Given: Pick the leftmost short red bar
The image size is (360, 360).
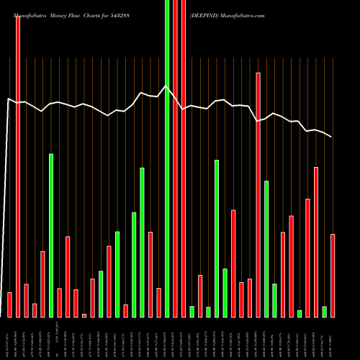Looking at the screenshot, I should point(9,305).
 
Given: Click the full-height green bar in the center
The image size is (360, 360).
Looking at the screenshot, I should point(168,158).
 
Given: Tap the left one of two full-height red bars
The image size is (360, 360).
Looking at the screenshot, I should point(176,158).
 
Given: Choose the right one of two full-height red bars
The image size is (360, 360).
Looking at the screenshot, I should point(184,158).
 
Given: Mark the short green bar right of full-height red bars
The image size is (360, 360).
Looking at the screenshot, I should point(192,311).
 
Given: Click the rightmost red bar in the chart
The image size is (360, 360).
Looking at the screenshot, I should point(333,275).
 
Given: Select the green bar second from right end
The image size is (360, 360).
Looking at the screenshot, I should point(324,311).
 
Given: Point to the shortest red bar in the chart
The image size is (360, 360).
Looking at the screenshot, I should point(84,315).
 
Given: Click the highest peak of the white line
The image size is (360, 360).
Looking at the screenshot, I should point(166,86).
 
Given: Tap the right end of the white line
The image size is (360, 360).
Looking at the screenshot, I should point(332,137).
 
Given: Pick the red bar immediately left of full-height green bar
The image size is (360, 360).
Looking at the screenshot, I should point(159,302).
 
